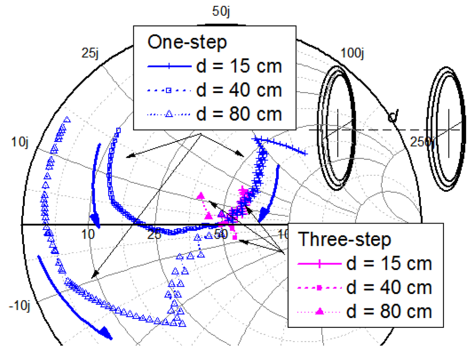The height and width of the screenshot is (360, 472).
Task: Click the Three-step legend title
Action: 344,239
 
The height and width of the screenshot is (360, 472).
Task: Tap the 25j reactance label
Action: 90,53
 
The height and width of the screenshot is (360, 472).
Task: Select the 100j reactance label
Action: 354,53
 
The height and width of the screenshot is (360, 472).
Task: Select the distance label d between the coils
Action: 393,117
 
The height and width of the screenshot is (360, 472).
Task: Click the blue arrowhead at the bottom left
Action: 106,333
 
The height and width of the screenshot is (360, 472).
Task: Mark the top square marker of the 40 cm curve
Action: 118,130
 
